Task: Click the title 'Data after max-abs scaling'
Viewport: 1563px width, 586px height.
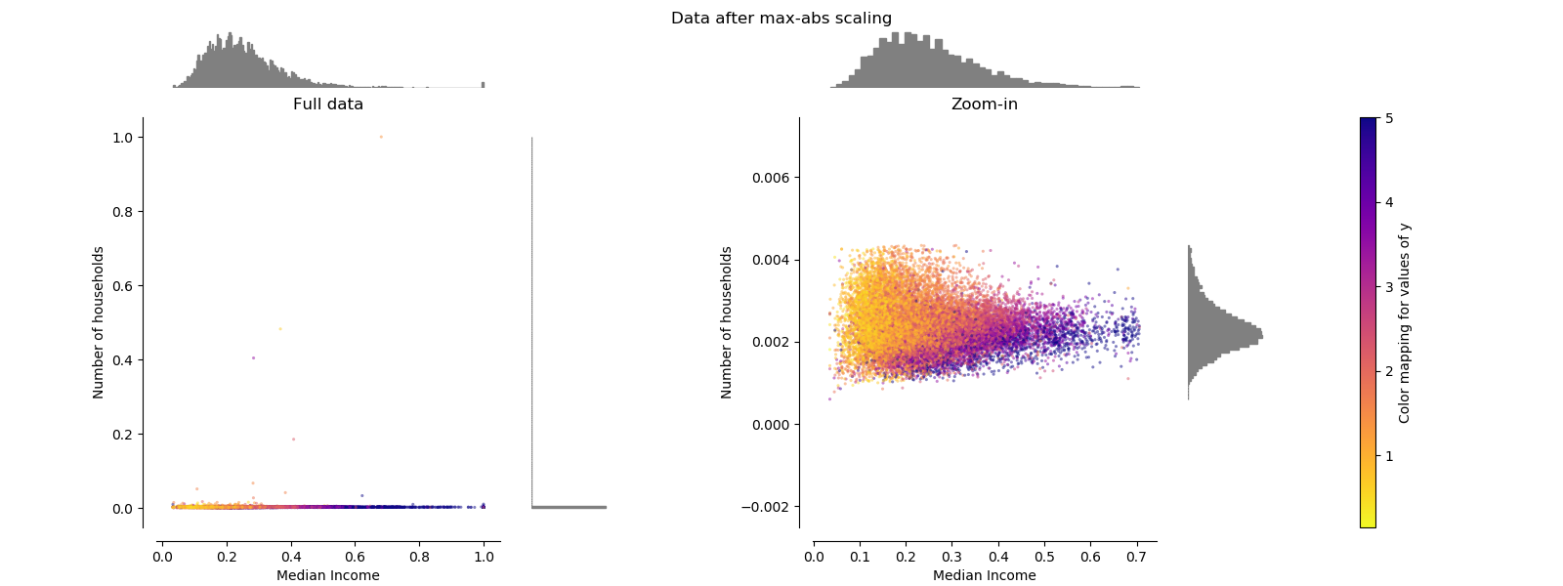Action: click(781, 18)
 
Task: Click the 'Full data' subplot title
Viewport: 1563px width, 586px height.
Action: click(328, 104)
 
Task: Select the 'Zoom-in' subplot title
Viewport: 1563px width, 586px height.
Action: click(984, 104)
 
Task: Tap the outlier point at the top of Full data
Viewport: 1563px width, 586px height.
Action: click(381, 137)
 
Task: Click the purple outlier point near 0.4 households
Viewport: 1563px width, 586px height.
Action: click(253, 357)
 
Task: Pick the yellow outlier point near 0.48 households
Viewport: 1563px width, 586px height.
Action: click(279, 329)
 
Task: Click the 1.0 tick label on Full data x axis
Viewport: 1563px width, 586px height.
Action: click(484, 557)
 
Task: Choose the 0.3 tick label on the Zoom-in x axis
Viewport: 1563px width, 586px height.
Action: click(951, 557)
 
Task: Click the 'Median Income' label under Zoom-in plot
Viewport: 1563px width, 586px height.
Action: click(984, 575)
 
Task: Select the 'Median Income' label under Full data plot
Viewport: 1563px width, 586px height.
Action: click(328, 575)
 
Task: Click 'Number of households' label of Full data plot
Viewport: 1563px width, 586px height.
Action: click(99, 322)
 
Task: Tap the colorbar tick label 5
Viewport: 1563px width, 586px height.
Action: click(1389, 118)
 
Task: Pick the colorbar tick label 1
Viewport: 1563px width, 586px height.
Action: click(1389, 456)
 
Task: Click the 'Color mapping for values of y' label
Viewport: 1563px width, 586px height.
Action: click(1405, 322)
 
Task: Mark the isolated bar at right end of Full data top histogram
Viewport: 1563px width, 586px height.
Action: click(483, 85)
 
